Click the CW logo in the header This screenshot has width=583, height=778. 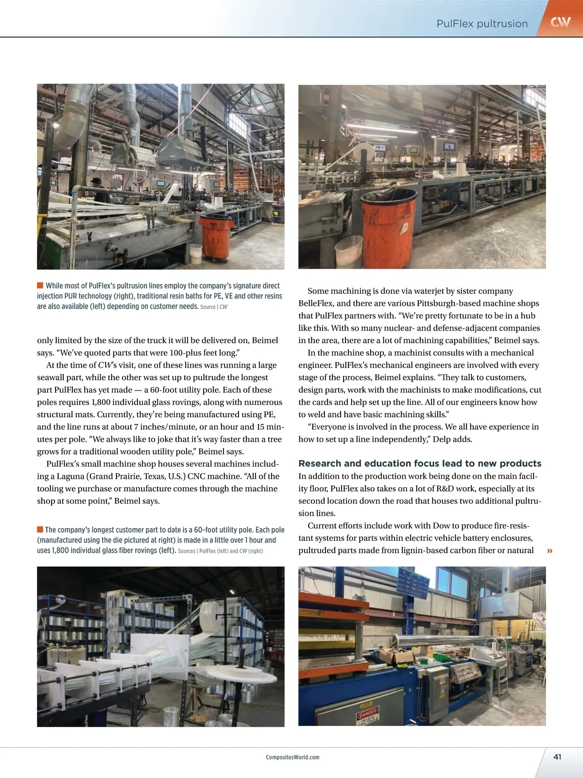[x=560, y=21]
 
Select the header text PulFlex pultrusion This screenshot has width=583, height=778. [x=481, y=23]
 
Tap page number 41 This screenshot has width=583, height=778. [x=557, y=757]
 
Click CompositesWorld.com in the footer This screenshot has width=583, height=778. [x=292, y=757]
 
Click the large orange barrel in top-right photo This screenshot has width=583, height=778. [x=387, y=219]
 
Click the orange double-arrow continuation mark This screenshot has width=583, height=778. [x=549, y=551]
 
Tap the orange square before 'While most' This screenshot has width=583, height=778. [x=40, y=285]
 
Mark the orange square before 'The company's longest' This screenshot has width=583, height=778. [x=40, y=530]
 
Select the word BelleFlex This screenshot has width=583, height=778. [x=315, y=303]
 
